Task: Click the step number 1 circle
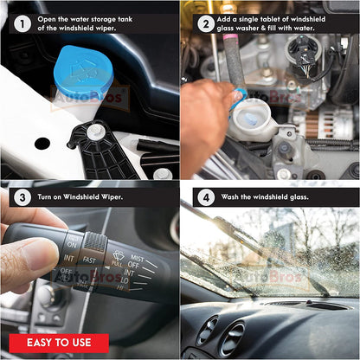(x=22, y=23)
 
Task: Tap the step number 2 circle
(x=206, y=23)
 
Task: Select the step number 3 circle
(x=22, y=197)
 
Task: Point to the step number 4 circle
(x=206, y=197)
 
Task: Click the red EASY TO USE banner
(x=59, y=343)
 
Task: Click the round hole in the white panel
(x=42, y=144)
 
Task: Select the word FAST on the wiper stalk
(x=89, y=260)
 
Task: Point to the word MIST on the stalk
(x=138, y=258)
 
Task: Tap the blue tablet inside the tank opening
(x=250, y=119)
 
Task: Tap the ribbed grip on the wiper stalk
(x=95, y=241)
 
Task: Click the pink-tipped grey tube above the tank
(x=233, y=59)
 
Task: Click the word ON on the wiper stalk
(x=72, y=245)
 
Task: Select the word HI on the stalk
(x=120, y=287)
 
